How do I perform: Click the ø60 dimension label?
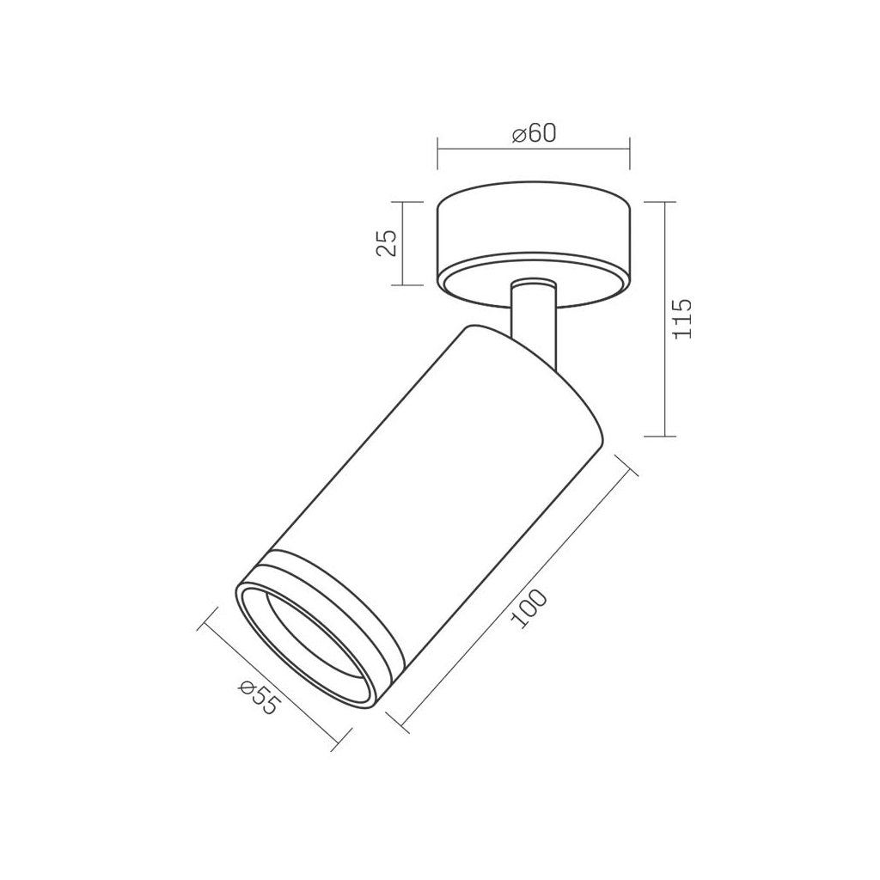(x=534, y=133)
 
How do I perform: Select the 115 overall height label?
(x=682, y=318)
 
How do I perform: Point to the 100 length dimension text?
(x=529, y=608)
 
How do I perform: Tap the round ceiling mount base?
(x=534, y=245)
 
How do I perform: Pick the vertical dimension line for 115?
(x=665, y=319)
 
